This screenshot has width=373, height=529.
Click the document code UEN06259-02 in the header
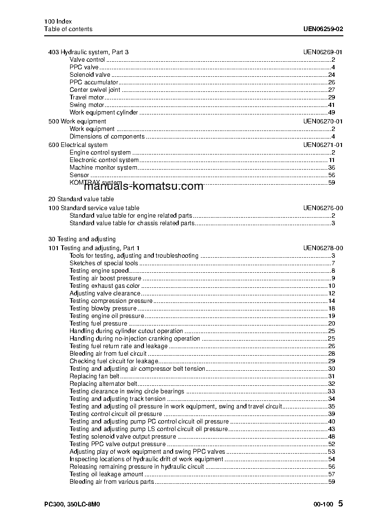pos(323,29)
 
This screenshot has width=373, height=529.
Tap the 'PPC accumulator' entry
pos(94,82)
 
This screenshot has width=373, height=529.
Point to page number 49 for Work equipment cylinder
pos(331,113)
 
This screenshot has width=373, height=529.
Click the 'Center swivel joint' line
pos(95,90)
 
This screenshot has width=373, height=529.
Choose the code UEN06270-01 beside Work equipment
pos(323,122)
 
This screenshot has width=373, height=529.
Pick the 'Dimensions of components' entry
pos(107,137)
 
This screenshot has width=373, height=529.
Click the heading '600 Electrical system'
pos(78,145)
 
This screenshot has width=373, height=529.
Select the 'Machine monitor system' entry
pos(103,168)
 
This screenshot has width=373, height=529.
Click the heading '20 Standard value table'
pos(81,199)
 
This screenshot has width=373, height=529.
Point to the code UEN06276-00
pos(323,208)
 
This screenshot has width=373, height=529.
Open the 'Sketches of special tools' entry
pos(104,263)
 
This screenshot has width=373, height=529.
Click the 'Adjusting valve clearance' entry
pos(105,293)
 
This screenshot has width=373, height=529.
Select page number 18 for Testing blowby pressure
pos(331,309)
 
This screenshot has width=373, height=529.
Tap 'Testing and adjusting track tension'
pos(118,399)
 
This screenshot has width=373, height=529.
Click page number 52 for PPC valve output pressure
pos(331,444)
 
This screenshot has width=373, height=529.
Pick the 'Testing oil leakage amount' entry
pos(106,474)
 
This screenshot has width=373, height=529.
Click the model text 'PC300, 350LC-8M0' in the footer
pos(72,504)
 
